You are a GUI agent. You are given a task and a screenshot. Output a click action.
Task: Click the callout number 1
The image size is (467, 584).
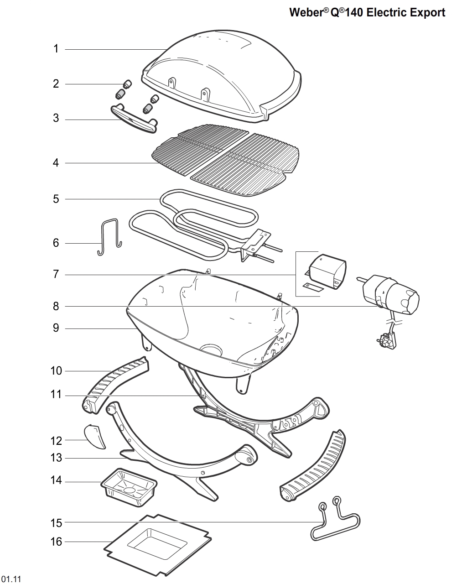(x=56, y=49)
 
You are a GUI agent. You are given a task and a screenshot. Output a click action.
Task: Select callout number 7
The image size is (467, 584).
(x=56, y=275)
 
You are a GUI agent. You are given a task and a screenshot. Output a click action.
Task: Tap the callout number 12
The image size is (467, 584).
(x=56, y=441)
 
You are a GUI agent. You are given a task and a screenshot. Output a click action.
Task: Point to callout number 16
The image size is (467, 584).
(x=56, y=542)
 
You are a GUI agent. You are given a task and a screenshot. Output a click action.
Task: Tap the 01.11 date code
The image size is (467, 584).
(x=11, y=579)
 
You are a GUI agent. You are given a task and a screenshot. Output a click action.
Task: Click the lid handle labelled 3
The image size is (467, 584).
(x=134, y=120)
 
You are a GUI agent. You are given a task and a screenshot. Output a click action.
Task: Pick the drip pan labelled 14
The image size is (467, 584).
(x=129, y=486)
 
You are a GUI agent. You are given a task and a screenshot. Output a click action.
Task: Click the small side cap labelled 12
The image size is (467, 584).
(x=95, y=436)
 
